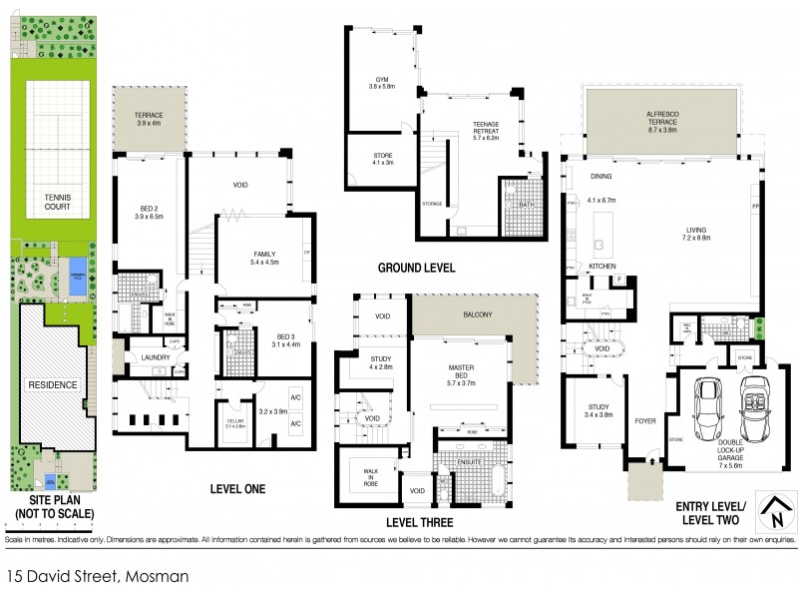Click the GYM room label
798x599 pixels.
click(380, 79)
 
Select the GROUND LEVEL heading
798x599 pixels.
click(416, 268)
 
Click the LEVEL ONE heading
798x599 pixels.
click(236, 488)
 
